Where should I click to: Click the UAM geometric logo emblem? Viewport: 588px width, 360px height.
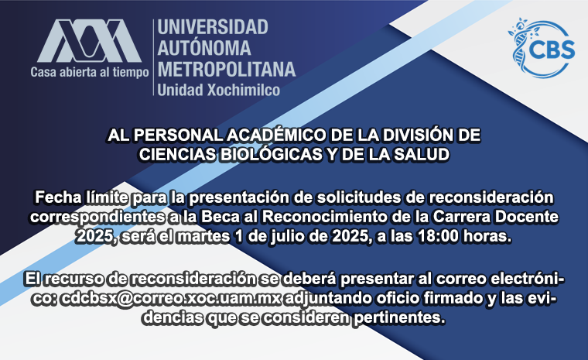point(89,41)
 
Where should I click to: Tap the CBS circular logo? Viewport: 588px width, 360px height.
point(542,47)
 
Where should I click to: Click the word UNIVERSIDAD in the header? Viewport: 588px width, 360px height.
point(213,27)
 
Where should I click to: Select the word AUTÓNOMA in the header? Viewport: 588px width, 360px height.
point(204,48)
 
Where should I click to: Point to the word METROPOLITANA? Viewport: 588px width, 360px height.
point(227,70)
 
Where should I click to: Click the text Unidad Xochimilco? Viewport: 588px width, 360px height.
point(219,90)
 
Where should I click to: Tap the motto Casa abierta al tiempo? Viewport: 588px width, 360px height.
point(90,72)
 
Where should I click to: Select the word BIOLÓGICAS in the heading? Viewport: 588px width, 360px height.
point(271,155)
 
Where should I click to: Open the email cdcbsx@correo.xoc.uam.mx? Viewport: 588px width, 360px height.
point(171,299)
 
